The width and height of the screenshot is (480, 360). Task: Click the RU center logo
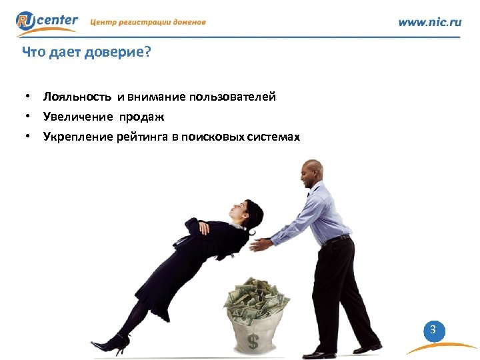[47, 21]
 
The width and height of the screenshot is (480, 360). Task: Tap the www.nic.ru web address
[429, 21]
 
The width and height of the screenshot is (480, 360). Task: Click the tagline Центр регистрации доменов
[148, 22]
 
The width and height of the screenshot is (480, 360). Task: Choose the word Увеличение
[79, 117]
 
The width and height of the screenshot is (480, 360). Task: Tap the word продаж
[142, 117]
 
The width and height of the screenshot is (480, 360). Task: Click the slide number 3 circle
[433, 329]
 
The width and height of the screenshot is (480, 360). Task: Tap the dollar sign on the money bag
[253, 341]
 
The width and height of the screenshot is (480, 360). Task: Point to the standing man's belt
[337, 239]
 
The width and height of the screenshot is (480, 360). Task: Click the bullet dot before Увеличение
[29, 117]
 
